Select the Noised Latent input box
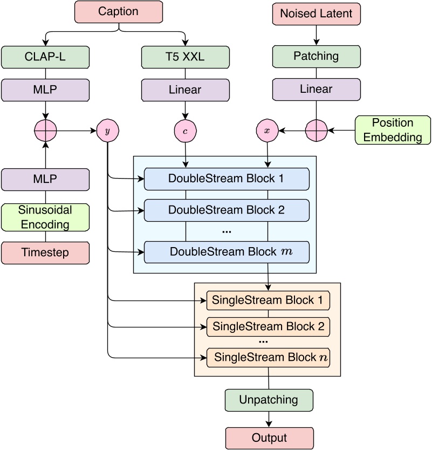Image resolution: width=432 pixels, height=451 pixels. [317, 13]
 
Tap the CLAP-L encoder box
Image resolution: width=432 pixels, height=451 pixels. [45, 56]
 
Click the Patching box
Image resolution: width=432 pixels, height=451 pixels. [316, 56]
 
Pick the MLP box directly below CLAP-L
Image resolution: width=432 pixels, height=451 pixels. [45, 90]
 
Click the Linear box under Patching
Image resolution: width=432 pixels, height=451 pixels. [316, 90]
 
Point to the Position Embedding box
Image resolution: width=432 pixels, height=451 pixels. [393, 130]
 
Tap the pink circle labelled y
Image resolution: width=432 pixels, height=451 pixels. [108, 131]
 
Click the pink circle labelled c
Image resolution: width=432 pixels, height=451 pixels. [186, 131]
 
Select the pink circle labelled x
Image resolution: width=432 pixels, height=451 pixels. [267, 131]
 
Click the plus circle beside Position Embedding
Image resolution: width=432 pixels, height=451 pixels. [316, 131]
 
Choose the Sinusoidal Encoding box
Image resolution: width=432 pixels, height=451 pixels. [45, 217]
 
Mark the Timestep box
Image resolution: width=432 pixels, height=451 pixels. [45, 252]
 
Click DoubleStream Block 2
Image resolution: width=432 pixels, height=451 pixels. [227, 210]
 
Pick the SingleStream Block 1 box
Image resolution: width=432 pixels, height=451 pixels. [268, 300]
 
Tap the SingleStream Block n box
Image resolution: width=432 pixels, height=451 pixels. [268, 357]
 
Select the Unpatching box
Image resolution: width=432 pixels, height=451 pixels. [269, 400]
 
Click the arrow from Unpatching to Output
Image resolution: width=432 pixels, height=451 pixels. [269, 420]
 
